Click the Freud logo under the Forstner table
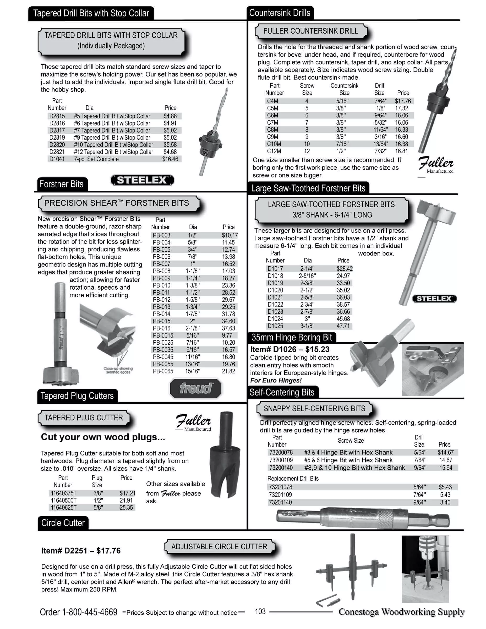[196, 388]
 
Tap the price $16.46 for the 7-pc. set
[170, 159]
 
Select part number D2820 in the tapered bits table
[57, 145]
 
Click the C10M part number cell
[274, 144]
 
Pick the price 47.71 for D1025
[343, 326]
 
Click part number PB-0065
[163, 371]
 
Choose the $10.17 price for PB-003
[230, 235]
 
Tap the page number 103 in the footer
[260, 611]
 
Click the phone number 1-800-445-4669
[90, 612]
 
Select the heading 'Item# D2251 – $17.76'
[81, 551]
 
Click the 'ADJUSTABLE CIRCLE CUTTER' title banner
[219, 546]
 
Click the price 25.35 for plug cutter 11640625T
[126, 507]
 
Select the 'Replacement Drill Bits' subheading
[293, 478]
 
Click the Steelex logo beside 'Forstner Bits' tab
[142, 180]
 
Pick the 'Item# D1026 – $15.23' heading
[290, 349]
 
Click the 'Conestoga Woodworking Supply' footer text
[401, 612]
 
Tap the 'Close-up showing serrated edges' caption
[118, 370]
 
